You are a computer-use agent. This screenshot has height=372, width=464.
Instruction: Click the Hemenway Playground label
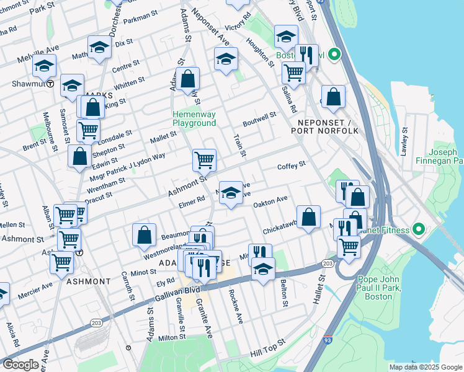point(194,119)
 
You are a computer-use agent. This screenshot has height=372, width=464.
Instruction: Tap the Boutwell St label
point(259,117)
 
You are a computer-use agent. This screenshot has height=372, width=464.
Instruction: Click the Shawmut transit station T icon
point(50,84)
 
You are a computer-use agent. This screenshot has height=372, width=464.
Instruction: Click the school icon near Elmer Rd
point(231,193)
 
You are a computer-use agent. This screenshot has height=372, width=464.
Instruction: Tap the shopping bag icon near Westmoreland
point(144,234)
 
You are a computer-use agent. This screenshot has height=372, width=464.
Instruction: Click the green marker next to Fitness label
point(419,231)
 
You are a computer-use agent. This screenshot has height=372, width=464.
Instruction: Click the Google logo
point(20,365)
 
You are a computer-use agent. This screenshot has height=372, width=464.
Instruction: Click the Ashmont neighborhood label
point(87,281)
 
